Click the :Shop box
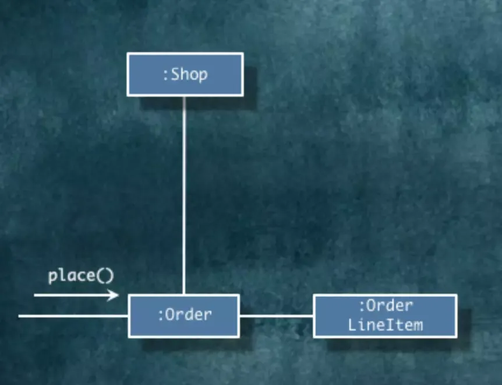click(x=185, y=74)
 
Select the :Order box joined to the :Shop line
click(x=183, y=316)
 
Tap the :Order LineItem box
click(x=385, y=316)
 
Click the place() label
click(x=81, y=275)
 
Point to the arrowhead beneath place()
click(x=115, y=295)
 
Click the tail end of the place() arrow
click(x=36, y=295)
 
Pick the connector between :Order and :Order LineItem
click(x=276, y=316)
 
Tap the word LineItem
click(x=386, y=324)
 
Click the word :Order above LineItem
click(x=386, y=306)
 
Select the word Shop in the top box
click(x=189, y=75)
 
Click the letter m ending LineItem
click(x=418, y=325)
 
